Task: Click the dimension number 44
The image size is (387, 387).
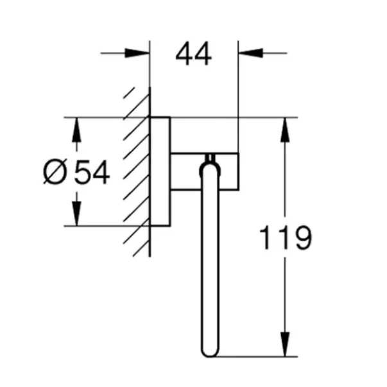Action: pos(194,53)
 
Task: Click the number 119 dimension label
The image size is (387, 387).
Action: pos(286,237)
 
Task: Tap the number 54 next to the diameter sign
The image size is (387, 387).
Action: pos(92,172)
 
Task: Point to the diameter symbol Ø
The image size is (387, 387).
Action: pos(55,171)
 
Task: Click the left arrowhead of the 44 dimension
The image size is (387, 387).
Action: pos(137,53)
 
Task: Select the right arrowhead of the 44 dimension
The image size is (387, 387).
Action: pos(251,53)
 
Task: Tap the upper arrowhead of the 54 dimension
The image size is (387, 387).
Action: pos(76,130)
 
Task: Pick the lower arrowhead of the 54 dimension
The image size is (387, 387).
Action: pos(76,214)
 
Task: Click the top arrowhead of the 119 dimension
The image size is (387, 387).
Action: pos(285,130)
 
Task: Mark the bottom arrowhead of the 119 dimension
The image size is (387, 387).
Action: pos(285,344)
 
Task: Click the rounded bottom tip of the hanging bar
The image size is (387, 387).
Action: pos(210,356)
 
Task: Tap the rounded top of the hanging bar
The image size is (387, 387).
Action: pos(210,164)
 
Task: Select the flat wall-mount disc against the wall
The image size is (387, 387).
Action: pos(160,171)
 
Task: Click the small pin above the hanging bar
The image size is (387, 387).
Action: pos(210,158)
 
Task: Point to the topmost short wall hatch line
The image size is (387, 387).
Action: pos(129,93)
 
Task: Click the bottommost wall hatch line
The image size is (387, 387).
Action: pos(141,249)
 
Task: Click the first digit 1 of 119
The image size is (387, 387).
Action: pos(265,237)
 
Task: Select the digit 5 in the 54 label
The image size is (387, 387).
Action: pos(83,172)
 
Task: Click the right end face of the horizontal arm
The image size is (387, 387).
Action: pos(238,171)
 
